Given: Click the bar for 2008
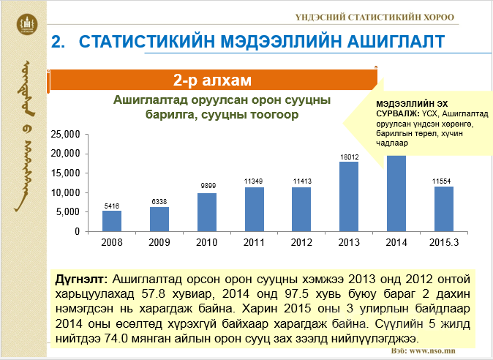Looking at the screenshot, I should pos(111,220).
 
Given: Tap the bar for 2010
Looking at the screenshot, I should pos(207,211).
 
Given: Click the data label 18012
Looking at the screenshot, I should pos(349,156).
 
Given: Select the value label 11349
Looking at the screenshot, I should pos(254,181).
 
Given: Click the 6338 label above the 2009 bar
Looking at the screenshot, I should pos(159,201).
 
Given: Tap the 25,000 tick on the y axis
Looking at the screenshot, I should pos(65,135).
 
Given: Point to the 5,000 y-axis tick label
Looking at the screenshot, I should pos(68,211).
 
